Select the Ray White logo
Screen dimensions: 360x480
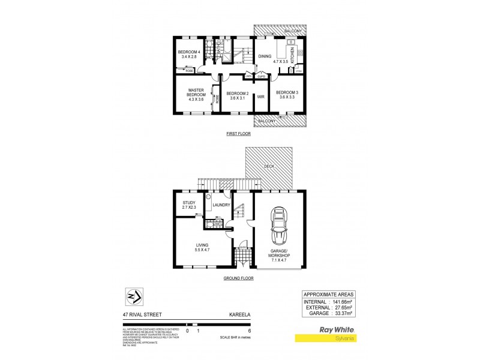[336, 330]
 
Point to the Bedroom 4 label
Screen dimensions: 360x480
[189, 55]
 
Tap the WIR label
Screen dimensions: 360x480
[261, 96]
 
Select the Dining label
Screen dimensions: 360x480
[265, 57]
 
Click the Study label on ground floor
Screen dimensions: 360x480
[189, 205]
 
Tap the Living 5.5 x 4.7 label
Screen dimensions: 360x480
[202, 247]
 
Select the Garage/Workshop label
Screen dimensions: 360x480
[280, 254]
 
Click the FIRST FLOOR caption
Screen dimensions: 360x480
[238, 134]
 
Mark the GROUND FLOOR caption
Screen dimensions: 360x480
[238, 278]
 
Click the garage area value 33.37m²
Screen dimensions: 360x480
[344, 313]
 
